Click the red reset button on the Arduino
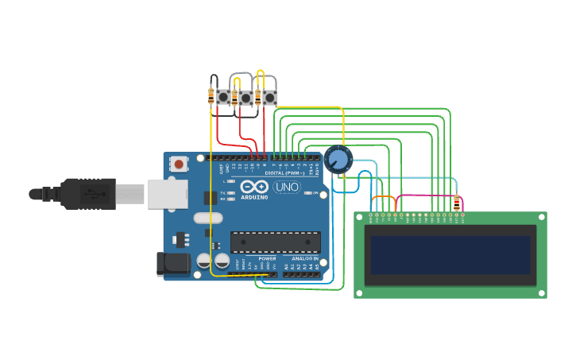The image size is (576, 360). [179, 165]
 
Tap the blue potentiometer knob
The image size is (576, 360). [338, 160]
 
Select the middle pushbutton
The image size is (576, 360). [246, 98]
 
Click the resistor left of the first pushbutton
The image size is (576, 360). [211, 96]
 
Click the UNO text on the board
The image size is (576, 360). [287, 188]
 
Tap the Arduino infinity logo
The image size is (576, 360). [255, 188]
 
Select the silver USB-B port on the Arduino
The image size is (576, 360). [167, 194]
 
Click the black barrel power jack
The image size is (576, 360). [172, 265]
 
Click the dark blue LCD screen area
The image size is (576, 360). [450, 254]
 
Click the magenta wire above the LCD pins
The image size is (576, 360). [425, 195]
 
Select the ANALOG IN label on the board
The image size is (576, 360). [304, 259]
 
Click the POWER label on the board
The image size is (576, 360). [267, 259]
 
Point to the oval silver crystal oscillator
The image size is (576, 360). [208, 219]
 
